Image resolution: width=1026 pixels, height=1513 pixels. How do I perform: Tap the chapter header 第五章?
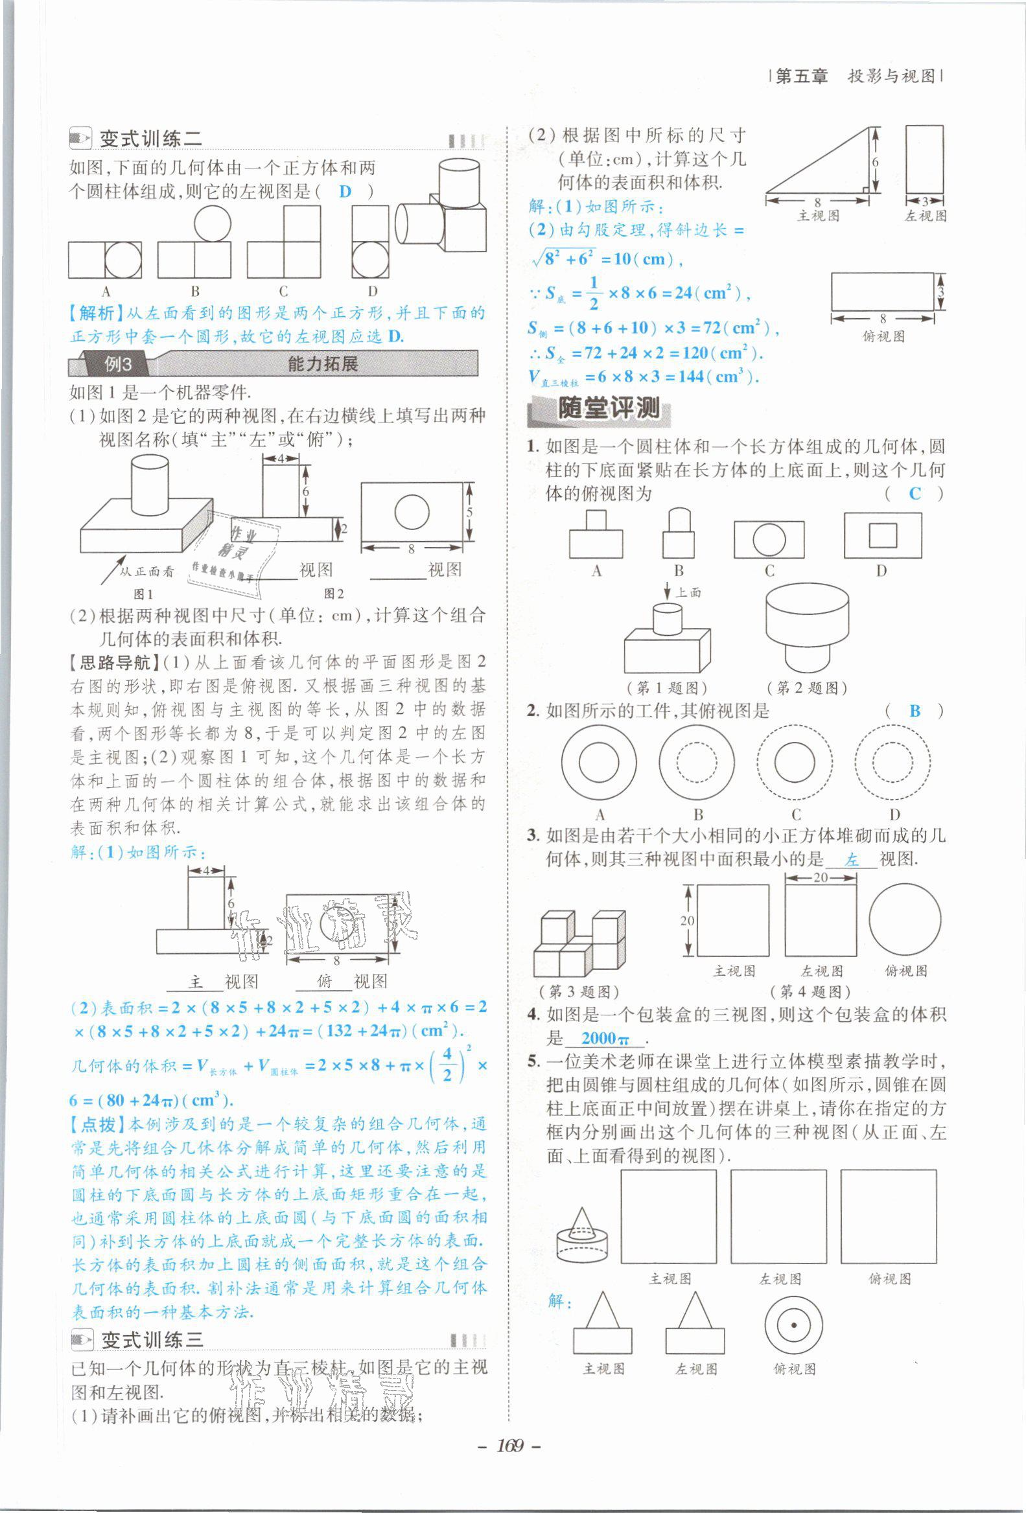coord(802,76)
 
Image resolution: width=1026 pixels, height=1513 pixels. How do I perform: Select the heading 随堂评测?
coord(608,409)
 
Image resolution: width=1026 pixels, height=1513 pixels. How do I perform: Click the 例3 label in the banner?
coord(118,364)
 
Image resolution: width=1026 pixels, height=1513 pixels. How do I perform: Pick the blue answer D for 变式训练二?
coord(345,191)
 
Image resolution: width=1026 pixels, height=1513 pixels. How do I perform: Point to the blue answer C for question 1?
coord(915,494)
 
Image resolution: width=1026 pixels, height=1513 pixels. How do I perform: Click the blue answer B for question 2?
coord(915,711)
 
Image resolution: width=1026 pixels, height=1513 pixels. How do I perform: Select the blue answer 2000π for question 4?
coord(605,1038)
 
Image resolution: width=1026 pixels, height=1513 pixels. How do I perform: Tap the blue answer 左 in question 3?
coord(852,860)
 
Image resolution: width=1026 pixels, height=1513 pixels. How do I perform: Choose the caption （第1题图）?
coord(667,687)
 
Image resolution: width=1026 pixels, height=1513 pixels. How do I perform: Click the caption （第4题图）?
coord(810,991)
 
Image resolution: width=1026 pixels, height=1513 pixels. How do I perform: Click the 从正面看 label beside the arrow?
coord(147,572)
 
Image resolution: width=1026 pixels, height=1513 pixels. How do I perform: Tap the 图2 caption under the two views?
coord(334,593)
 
